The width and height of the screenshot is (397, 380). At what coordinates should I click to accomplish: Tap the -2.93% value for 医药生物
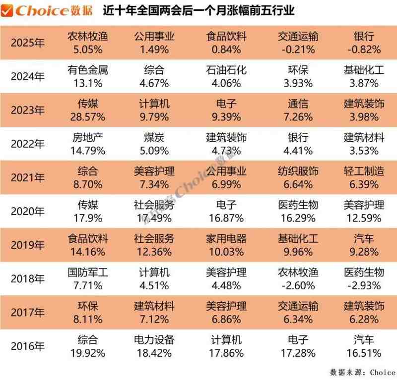click(364, 286)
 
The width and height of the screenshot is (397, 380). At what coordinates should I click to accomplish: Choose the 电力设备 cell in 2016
click(154, 340)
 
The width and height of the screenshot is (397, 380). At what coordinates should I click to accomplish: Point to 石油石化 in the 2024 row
click(226, 71)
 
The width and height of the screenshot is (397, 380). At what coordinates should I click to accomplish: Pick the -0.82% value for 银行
click(364, 50)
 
